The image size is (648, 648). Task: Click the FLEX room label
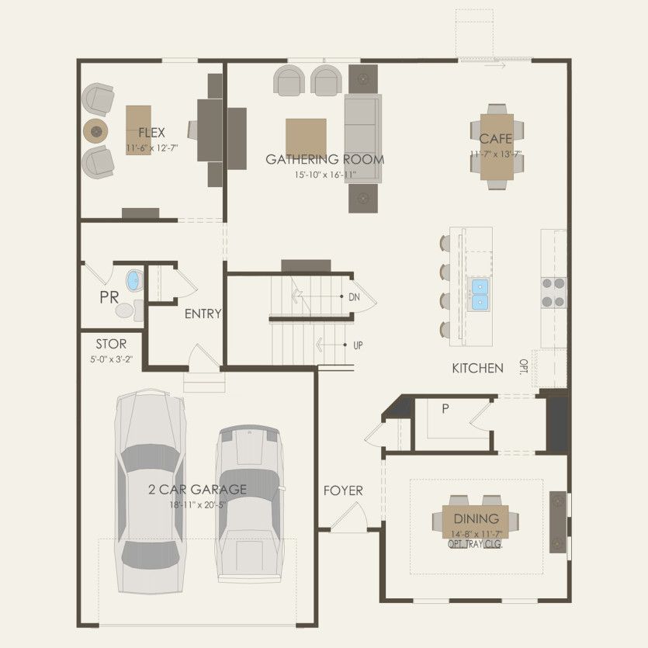pos(151,133)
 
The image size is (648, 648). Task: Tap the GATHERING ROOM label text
pos(325,159)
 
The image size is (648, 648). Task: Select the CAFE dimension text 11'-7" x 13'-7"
pos(496,154)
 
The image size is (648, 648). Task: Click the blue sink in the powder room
pos(134,280)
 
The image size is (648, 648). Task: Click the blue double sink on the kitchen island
pos(479,294)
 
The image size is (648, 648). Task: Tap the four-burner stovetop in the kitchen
pos(554,293)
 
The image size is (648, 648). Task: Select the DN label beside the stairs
pos(354,296)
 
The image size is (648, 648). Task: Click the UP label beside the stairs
pos(358,345)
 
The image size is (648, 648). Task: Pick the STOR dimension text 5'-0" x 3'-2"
pos(111,359)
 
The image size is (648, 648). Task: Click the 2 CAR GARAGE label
pos(198,490)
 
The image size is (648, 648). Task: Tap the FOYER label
pos(343,490)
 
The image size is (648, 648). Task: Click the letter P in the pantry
pos(445,409)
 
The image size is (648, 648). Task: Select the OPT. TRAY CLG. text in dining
pos(475,544)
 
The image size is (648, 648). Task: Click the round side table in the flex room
pos(95,131)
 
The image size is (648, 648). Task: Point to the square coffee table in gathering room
pos(306,138)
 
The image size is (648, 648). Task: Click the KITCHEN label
pos(477,368)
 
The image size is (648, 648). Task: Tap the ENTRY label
pos(203,314)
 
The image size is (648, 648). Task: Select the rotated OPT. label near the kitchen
pos(524,366)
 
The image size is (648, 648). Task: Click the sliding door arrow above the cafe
pos(495,65)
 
